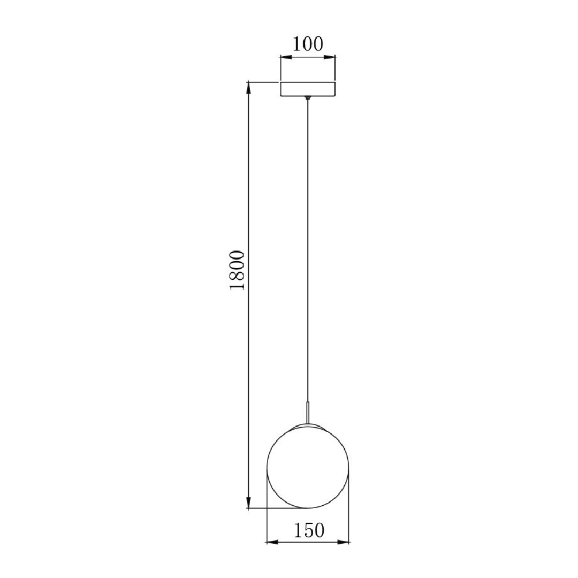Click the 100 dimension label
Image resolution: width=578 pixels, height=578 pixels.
308,44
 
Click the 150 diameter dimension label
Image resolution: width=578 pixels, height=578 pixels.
309,530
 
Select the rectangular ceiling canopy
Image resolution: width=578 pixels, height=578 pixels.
308,89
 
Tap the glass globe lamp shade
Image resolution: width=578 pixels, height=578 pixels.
308,466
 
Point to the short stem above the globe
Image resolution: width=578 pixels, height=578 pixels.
308,412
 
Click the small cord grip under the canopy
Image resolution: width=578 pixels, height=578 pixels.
308,98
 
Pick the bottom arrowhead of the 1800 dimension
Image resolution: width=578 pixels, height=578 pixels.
249,503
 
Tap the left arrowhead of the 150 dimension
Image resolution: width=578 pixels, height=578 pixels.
271,542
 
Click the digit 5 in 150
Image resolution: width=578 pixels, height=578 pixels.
309,530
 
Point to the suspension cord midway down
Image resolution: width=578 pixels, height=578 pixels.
308,252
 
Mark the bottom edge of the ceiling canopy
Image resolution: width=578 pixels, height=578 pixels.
308,96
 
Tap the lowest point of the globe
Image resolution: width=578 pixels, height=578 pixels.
308,508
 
